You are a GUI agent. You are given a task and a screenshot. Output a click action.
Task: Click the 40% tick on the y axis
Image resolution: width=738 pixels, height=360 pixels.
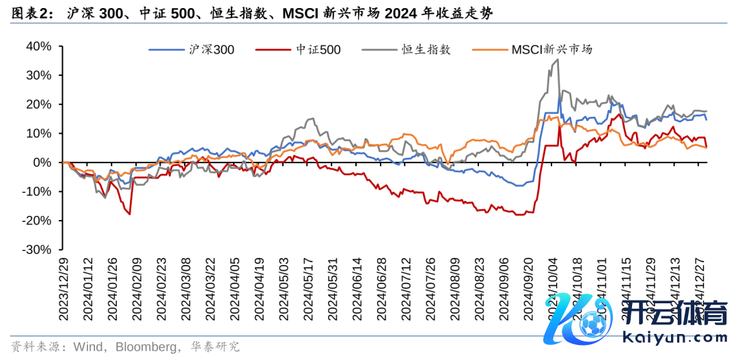[x=39, y=46]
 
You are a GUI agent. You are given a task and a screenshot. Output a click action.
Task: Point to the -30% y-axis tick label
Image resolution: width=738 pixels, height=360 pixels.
[x=38, y=250]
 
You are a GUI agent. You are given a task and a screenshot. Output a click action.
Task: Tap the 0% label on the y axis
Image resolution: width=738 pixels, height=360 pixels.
[x=44, y=163]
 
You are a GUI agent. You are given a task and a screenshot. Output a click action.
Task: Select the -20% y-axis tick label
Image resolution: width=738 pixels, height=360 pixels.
[x=38, y=221]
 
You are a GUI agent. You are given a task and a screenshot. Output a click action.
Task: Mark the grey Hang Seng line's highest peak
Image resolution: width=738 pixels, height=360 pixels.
[x=558, y=59]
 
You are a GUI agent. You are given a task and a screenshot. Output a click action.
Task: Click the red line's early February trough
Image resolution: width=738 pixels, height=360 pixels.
[x=129, y=214]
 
